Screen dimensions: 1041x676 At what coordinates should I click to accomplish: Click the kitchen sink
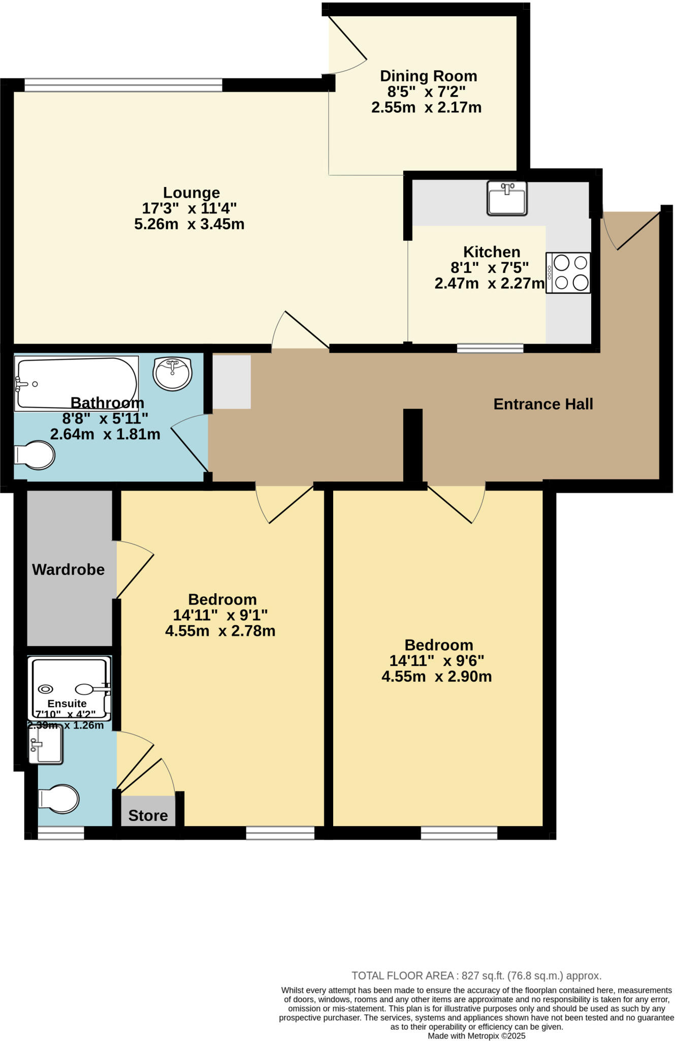pos(507,198)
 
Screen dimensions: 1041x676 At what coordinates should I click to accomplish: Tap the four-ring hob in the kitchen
pos(569,273)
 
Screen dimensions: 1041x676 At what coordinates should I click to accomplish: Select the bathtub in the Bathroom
pos(76,383)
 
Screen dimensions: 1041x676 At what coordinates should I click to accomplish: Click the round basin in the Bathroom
pos(173,374)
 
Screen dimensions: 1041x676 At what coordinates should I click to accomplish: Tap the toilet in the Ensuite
pos(59,799)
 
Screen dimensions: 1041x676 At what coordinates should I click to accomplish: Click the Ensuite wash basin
pos(46,745)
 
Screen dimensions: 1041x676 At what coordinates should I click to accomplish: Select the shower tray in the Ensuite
pos(70,686)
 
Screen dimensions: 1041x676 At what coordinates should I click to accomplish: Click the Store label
pos(148,816)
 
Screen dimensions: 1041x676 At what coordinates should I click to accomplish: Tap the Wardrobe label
pos(68,570)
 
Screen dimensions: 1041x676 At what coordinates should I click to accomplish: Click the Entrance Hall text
pos(543,404)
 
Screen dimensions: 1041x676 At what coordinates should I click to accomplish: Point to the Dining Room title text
pos(428,76)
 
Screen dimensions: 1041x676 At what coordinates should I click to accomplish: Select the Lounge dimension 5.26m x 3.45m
pos(189,224)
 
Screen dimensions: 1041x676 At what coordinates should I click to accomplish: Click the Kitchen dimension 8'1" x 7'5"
pos(490,267)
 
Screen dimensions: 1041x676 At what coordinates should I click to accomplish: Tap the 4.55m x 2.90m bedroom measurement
pos(436,677)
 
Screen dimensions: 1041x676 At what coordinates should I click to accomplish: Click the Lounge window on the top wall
pos(123,85)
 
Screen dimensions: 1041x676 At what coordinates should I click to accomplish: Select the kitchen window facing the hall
pos(490,348)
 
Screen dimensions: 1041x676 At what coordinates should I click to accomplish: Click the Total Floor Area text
pos(476,975)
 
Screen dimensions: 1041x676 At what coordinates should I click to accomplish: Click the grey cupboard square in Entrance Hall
pos(232,382)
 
